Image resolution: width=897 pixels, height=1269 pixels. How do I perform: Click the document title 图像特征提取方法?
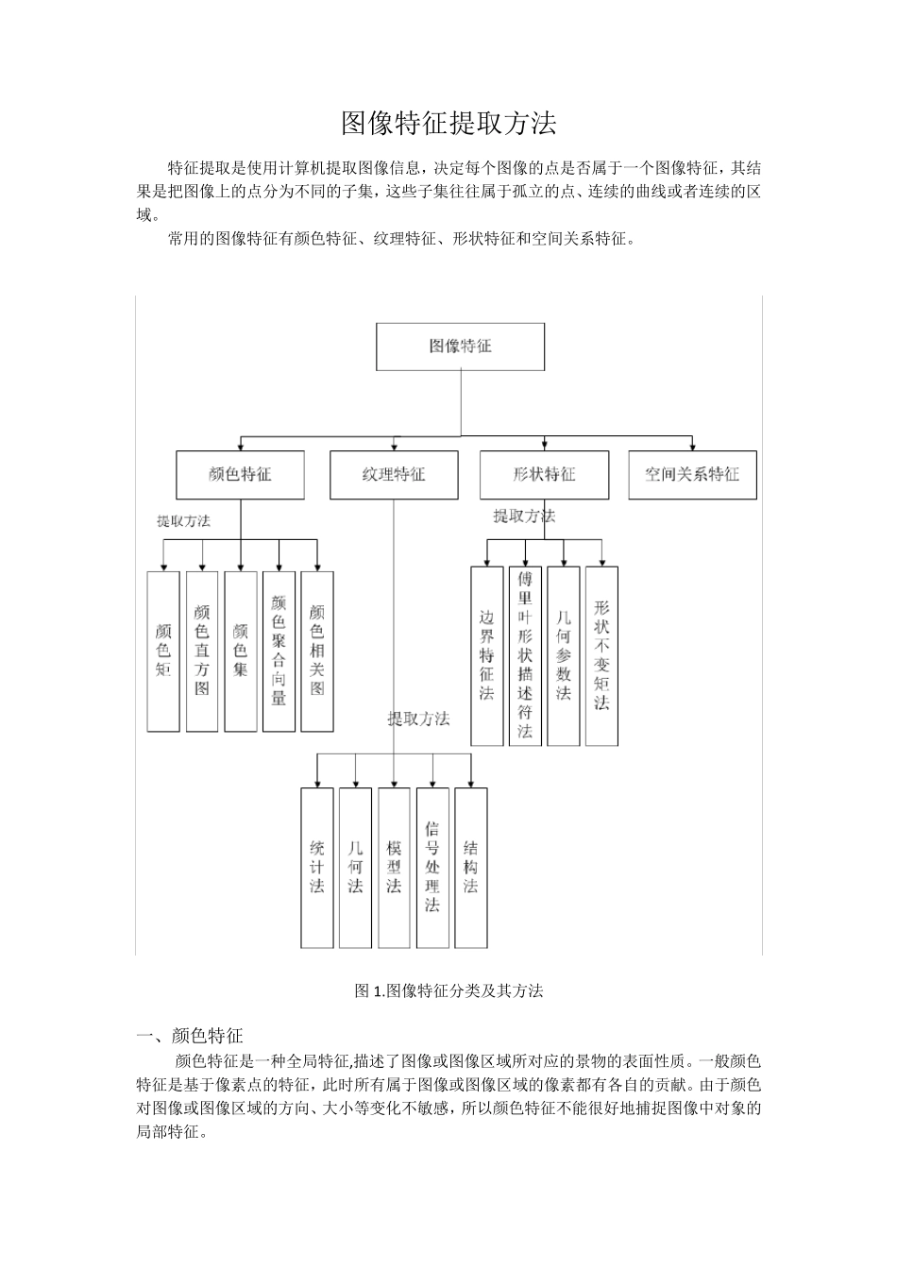448,123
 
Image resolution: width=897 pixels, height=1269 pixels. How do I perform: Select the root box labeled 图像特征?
461,347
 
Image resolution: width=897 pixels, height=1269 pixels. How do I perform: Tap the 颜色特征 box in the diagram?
240,474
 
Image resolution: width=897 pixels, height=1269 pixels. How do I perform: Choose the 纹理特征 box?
394,474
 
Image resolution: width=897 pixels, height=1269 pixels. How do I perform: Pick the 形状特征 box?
544,474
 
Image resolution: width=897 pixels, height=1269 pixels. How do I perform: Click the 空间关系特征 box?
692,474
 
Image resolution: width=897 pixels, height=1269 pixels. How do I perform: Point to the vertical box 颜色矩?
163,651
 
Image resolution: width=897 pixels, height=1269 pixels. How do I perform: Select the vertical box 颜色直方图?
202,651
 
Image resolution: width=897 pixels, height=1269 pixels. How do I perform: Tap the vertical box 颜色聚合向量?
279,651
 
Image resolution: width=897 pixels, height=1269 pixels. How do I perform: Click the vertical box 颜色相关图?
317,651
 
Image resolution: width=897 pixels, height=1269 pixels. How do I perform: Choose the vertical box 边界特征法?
486,655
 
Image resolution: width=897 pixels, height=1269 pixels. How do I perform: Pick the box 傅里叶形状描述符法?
525,655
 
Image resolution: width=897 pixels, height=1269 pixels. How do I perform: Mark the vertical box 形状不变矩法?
601,655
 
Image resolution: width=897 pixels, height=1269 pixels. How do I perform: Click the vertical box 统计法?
317,868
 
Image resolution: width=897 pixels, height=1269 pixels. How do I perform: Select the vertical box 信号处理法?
432,868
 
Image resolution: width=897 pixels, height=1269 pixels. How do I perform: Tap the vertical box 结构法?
471,868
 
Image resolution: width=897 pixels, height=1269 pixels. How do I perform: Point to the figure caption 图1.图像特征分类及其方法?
448,990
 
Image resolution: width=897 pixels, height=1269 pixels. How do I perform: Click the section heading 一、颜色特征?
190,1036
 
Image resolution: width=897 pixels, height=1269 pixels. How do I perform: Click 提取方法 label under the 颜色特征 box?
183,521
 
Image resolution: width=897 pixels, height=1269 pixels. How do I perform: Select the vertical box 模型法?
394,868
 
